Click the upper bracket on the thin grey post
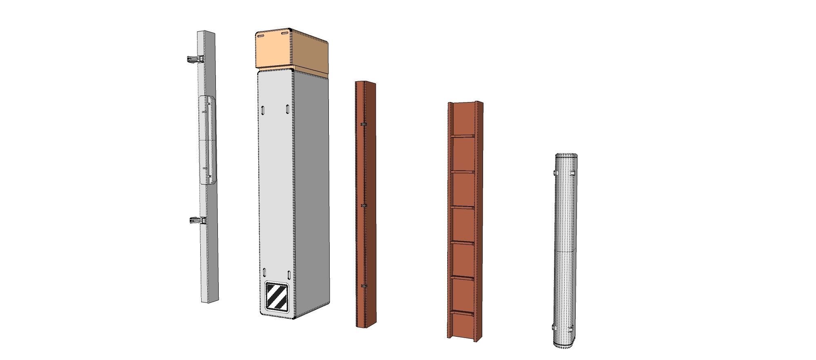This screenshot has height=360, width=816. pyautogui.click(x=195, y=59)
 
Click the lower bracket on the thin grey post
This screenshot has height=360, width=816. pyautogui.click(x=197, y=221)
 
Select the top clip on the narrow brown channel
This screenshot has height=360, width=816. pyautogui.click(x=362, y=124)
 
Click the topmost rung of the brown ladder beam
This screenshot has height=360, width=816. pyautogui.click(x=463, y=136)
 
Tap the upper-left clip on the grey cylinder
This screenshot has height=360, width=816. pyautogui.click(x=554, y=174)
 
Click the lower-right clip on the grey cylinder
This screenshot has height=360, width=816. pyautogui.click(x=572, y=327)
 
